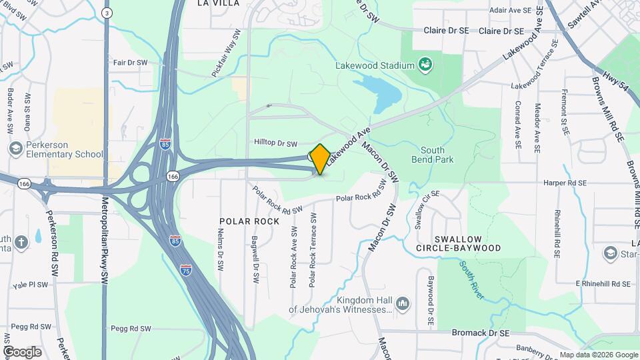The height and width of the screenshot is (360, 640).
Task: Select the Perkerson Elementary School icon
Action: [x=13, y=148]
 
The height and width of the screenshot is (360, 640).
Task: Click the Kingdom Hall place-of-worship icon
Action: [x=402, y=305]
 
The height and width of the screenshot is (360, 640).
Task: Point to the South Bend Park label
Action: [x=433, y=155]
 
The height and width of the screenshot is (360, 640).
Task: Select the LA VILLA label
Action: [x=217, y=3]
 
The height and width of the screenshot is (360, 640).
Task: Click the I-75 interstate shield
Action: [x=187, y=269]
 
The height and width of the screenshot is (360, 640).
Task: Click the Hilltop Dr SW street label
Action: [x=279, y=142]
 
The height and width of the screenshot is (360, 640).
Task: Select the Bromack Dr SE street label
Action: [x=480, y=333]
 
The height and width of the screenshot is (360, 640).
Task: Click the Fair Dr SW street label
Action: [x=130, y=63]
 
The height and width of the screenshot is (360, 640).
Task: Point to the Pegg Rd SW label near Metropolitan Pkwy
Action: [x=131, y=329]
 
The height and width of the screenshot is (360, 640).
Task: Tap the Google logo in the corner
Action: [x=21, y=352]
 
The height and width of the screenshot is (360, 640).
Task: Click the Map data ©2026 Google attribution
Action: [x=598, y=355]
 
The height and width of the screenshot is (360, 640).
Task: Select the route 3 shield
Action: [x=107, y=13]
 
